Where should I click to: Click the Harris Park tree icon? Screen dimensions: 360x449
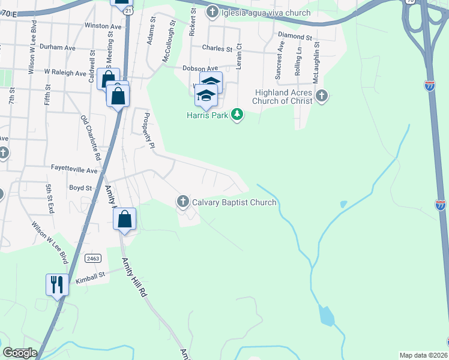coord(238,114)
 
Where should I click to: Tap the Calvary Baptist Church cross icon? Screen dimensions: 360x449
coord(183,202)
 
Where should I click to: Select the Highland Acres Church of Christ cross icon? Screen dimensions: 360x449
coord(322,95)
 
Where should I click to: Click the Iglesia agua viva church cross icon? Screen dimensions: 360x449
coord(212,12)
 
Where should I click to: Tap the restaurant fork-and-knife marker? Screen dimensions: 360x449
coord(57,284)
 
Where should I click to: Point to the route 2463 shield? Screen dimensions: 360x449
coord(92,258)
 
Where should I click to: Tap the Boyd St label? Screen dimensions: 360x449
coord(80,188)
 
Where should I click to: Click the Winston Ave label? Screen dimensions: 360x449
coord(103,26)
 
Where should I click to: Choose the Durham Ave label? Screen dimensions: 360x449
coord(57,46)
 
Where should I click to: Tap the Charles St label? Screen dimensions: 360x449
coord(217,49)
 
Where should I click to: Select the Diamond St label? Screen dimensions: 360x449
coord(295,37)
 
